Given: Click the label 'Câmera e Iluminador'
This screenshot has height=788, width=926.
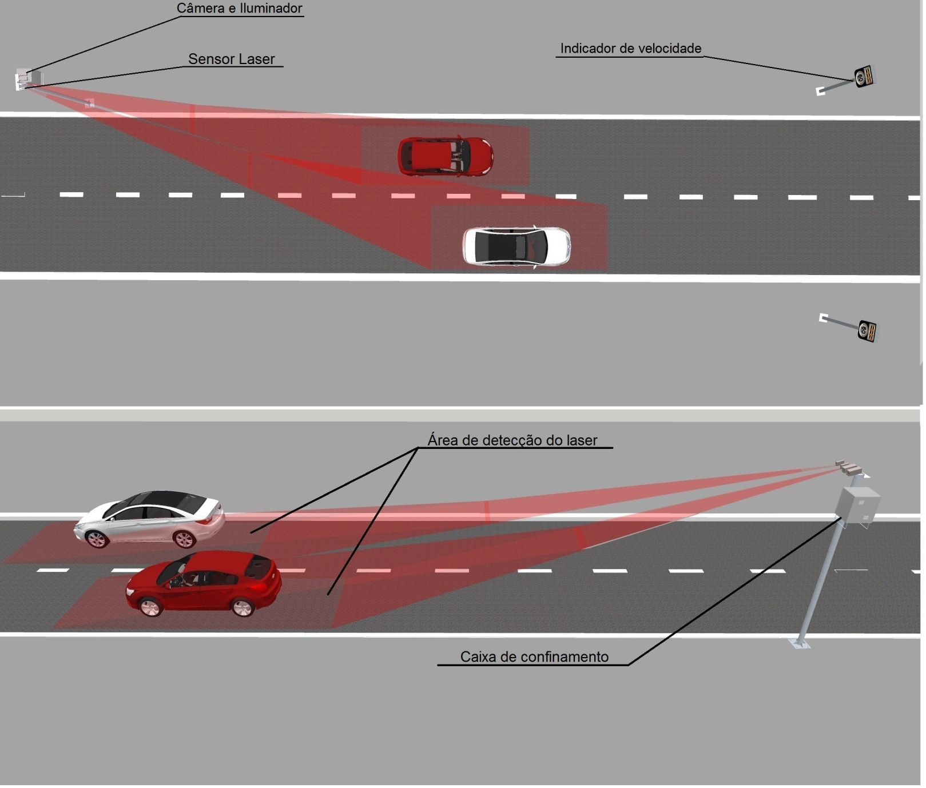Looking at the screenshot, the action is (239, 9).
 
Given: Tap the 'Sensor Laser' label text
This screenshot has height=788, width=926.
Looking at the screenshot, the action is (232, 59).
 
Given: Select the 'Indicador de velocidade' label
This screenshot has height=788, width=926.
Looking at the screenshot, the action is (630, 49).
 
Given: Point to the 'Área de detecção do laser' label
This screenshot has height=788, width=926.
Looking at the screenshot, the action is (512, 440).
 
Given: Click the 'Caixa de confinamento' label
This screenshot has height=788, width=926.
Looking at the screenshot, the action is (534, 656).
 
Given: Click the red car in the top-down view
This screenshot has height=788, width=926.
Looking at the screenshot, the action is (446, 156).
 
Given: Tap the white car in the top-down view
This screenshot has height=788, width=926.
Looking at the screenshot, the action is (516, 246).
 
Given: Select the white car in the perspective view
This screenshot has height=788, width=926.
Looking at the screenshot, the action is (149, 519).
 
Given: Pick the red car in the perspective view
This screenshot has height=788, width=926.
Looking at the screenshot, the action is (204, 583).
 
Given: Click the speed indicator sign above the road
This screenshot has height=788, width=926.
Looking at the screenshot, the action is (864, 76).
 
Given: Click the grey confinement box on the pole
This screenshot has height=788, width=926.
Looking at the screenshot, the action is (857, 506).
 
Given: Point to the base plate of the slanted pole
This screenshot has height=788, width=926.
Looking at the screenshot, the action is (800, 643).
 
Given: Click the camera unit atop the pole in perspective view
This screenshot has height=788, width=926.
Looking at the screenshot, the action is (851, 467).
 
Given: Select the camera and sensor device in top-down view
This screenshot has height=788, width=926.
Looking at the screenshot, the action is (23, 79).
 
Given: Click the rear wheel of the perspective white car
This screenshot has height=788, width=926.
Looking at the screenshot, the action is (184, 539).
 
